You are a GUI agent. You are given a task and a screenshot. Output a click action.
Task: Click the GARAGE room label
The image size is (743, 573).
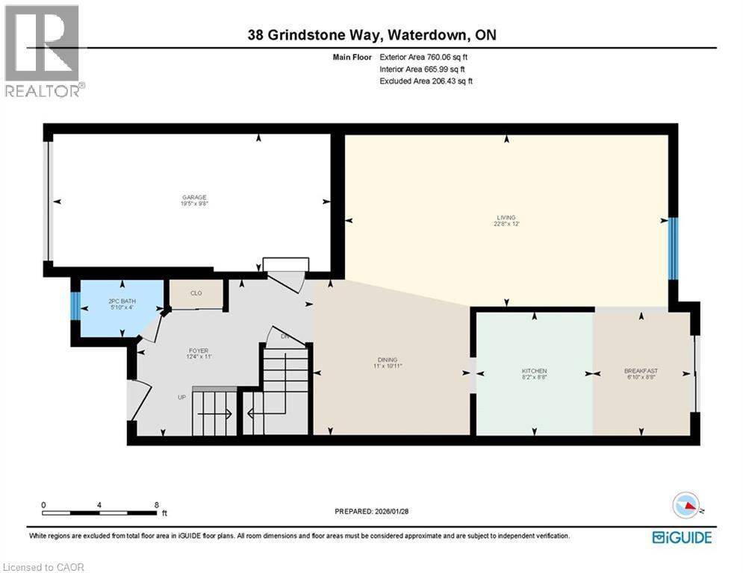pyautogui.click(x=188, y=198)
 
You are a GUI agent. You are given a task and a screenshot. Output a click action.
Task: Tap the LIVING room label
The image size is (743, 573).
pyautogui.click(x=506, y=218)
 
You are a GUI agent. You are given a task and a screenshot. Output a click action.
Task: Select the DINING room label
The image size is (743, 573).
pyautogui.click(x=387, y=359)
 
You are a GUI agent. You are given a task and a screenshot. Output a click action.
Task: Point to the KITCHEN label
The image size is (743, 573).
pyautogui.click(x=534, y=371)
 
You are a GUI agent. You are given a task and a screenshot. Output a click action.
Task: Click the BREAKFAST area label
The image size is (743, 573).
pyautogui.click(x=641, y=371)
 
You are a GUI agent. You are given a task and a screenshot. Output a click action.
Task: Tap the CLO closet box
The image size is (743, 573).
pyautogui.click(x=196, y=294)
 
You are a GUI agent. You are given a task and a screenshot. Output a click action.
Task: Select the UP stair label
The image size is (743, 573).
pyautogui.click(x=181, y=397)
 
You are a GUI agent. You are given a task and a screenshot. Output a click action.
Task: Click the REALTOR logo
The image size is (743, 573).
pyautogui.click(x=43, y=51)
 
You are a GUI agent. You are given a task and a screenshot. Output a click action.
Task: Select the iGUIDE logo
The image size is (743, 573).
pyautogui.click(x=682, y=537)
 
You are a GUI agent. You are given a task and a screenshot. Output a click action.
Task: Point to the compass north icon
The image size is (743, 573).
pyautogui.click(x=686, y=507)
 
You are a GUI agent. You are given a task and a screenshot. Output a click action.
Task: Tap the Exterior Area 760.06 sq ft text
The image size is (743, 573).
pyautogui.click(x=426, y=57)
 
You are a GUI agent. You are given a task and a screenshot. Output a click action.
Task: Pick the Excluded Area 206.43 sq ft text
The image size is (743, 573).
pyautogui.click(x=426, y=81)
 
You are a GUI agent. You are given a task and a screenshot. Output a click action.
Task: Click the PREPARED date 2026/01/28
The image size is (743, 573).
pyautogui.click(x=372, y=511)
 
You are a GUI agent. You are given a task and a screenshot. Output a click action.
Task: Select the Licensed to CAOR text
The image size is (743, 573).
pyautogui.click(x=45, y=567)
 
